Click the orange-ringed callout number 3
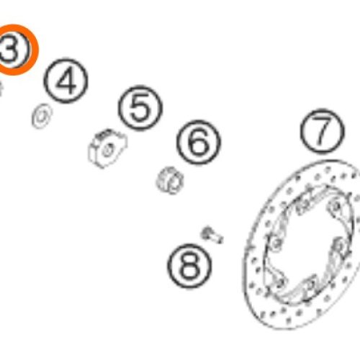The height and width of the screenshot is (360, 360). point(12,50)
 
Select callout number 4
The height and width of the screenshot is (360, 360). point(66,81)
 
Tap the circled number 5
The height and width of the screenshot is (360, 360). point(140,108)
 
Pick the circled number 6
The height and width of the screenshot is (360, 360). point(199,143)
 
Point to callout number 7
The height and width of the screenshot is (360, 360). point(323,131)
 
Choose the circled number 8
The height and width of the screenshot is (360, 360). point(189,266)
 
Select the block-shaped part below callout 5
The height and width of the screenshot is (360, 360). point(107,148)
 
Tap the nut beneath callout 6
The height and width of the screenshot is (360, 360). point(170,180)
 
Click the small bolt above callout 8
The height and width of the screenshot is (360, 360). point(212,235)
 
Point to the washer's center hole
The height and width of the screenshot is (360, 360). point(42,117)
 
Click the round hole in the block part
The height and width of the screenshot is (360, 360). point(107,150)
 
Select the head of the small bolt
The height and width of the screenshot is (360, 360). point(206,233)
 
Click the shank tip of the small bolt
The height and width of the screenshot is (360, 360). point(220,239)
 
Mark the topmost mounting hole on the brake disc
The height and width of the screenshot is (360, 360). point(336,206)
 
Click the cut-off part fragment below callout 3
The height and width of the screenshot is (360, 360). point(1,89)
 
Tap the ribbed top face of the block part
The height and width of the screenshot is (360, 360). point(106,135)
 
